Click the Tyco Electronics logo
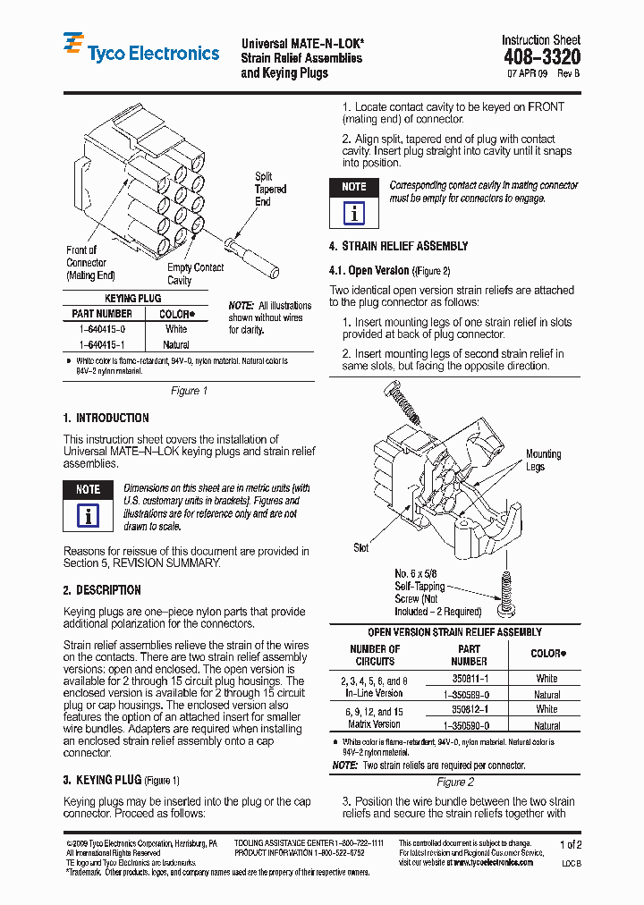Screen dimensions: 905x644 tap(140, 51)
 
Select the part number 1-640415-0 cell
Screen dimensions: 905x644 tap(101, 329)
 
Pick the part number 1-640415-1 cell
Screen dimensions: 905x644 tap(101, 344)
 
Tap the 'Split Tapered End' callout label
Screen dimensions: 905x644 tap(270, 189)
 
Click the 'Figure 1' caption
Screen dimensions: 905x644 tap(189, 391)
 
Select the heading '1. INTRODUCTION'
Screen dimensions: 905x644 tap(106, 418)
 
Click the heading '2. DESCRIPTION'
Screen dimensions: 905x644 tap(102, 590)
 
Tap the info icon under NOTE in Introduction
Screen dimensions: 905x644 tap(88, 516)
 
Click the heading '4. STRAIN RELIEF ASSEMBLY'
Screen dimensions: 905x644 tap(398, 246)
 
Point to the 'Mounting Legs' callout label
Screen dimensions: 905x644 tap(542, 461)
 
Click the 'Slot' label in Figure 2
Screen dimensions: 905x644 tap(360, 547)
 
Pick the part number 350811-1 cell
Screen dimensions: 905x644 tap(469, 679)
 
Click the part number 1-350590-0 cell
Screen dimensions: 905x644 tap(469, 725)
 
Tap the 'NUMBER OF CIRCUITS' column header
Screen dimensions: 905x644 tap(375, 655)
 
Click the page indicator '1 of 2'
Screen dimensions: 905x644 tap(570, 844)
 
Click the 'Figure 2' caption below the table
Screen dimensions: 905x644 tap(453, 782)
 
